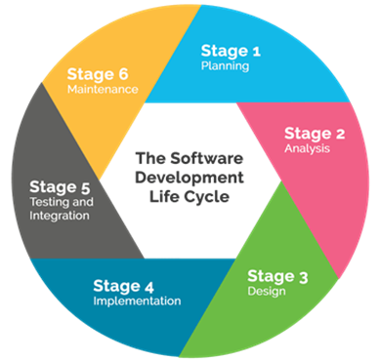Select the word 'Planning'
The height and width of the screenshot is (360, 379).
(x=226, y=66)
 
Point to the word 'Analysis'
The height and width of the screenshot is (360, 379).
(x=309, y=149)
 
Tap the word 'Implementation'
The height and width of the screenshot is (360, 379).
(x=138, y=301)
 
